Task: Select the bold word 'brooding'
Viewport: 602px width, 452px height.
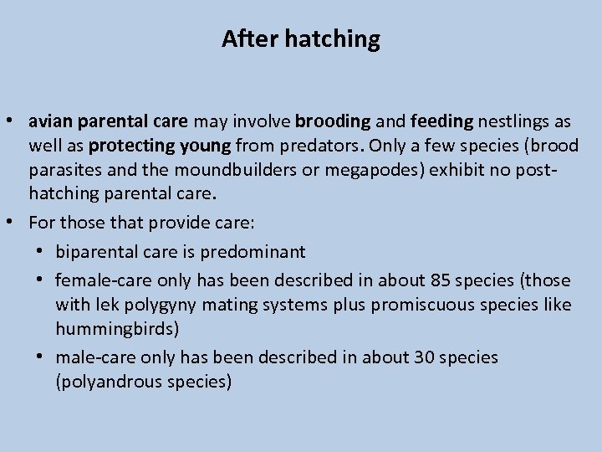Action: point(332,121)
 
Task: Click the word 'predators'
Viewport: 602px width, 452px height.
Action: point(318,146)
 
